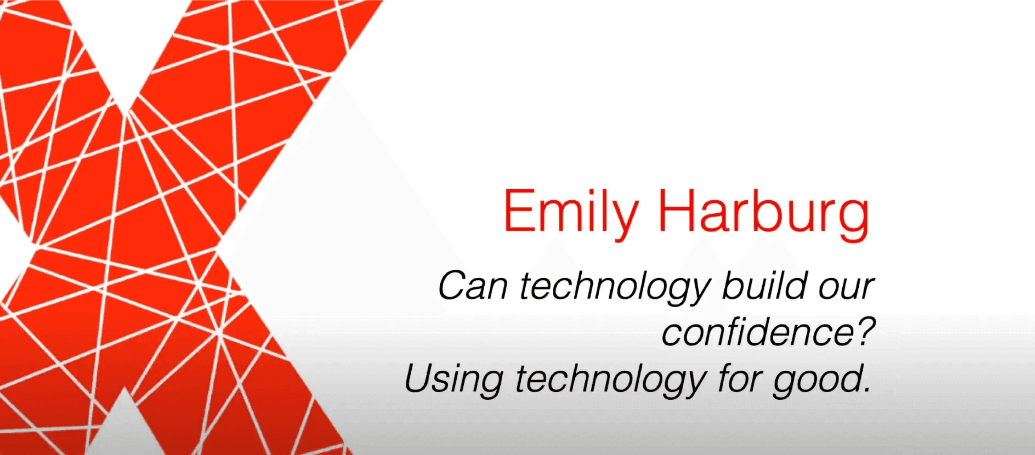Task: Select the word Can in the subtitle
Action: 472,286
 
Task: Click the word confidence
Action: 755,332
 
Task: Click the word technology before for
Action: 611,380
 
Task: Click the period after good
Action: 865,389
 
